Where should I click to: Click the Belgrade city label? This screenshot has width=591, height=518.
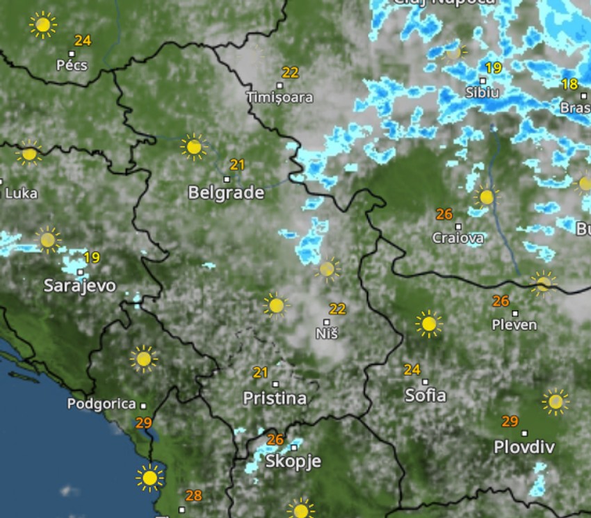(x=226, y=193)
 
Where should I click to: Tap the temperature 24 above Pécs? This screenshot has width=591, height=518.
(x=83, y=40)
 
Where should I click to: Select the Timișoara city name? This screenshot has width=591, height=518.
(x=280, y=98)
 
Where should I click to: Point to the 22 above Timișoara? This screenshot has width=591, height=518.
(x=290, y=72)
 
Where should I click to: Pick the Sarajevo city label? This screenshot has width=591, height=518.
(x=80, y=285)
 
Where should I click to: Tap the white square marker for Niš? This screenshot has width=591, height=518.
(x=327, y=322)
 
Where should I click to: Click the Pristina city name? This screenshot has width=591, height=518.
(x=275, y=398)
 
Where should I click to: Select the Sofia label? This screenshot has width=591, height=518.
(x=426, y=395)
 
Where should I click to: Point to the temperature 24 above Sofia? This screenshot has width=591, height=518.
(x=412, y=370)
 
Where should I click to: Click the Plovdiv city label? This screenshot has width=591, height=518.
(x=524, y=446)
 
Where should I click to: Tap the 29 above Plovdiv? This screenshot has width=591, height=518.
(x=510, y=421)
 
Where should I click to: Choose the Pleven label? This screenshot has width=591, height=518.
(x=515, y=325)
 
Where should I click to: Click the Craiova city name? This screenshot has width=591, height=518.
(x=458, y=238)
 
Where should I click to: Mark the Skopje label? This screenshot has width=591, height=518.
(x=293, y=462)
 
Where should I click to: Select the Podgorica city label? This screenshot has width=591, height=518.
(x=102, y=404)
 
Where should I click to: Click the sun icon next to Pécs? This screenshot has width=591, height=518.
(x=43, y=25)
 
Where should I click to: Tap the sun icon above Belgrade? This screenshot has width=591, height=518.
(x=194, y=147)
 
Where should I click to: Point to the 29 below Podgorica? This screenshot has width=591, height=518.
(x=144, y=423)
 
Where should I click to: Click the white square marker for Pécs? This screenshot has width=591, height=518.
(x=72, y=53)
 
